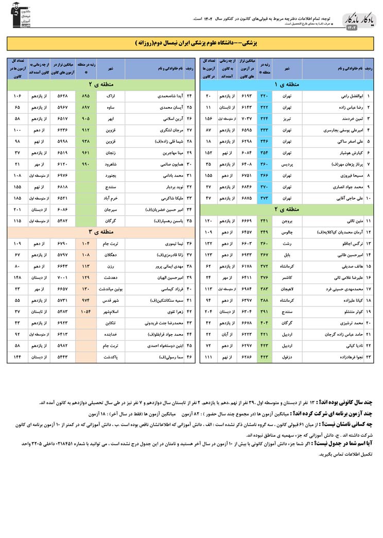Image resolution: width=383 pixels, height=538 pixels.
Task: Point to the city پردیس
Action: click(x=286, y=164)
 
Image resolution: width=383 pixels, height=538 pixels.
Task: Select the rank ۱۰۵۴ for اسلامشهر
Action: click(x=85, y=311)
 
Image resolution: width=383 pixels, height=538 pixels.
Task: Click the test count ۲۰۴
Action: click(x=208, y=311)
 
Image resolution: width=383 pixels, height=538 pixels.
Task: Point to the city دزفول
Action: click(x=286, y=356)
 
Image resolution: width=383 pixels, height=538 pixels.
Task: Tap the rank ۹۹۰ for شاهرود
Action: click(x=85, y=164)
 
